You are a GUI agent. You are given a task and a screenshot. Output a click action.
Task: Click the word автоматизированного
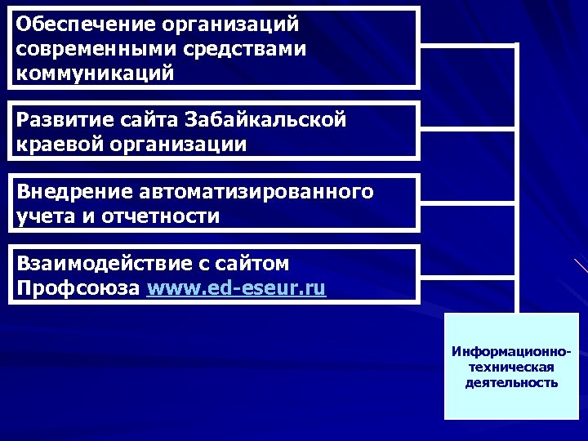click(x=257, y=192)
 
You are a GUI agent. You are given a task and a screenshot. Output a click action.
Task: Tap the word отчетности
click(x=163, y=216)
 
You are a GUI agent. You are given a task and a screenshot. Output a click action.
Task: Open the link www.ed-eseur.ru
click(x=237, y=288)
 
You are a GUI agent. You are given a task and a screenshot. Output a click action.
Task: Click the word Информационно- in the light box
click(x=511, y=352)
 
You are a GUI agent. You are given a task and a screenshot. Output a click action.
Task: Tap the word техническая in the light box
click(x=511, y=367)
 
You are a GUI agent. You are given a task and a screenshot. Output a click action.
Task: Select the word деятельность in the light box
click(x=511, y=381)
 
